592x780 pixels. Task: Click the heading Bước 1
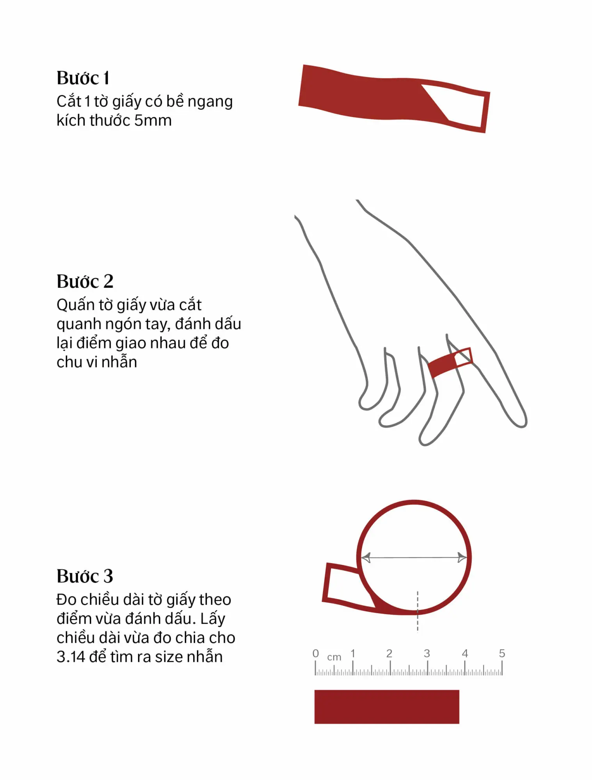coord(83,78)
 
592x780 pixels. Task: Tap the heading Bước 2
coord(85,281)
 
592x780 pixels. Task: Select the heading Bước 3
coord(85,576)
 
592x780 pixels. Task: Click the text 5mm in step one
coord(153,121)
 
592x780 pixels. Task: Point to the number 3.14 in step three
coord(71,657)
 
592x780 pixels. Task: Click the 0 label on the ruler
coord(316,653)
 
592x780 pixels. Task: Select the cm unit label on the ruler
coord(334,657)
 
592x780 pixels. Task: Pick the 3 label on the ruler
coord(427,653)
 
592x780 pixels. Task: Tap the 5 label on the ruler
coord(502,653)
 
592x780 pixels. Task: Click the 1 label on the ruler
coord(353,653)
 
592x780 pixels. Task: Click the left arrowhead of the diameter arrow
coord(366,558)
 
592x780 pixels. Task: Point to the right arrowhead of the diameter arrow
coord(462,558)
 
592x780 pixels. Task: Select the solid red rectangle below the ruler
coord(387,707)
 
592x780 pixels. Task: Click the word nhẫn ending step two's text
coord(119,362)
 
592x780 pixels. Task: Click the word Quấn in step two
coord(73,305)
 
